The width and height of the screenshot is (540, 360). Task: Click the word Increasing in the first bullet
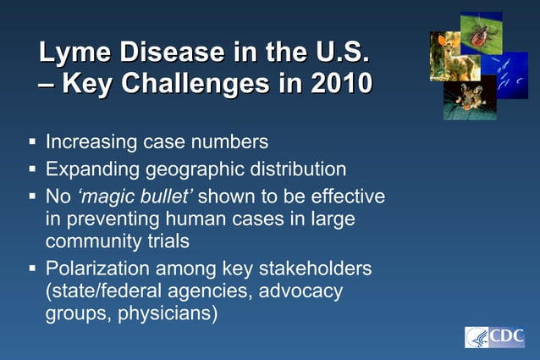94,141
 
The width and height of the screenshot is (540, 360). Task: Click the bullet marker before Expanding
32,168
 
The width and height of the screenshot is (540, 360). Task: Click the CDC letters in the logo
506,337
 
